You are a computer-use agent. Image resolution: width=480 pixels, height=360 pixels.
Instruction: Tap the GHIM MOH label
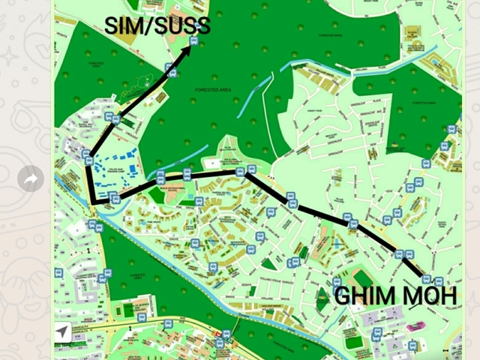coord(394,295)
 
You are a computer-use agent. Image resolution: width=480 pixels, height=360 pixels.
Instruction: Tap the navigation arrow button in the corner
coord(62,332)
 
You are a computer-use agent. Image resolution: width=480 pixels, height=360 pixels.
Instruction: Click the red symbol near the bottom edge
coord(218,334)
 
